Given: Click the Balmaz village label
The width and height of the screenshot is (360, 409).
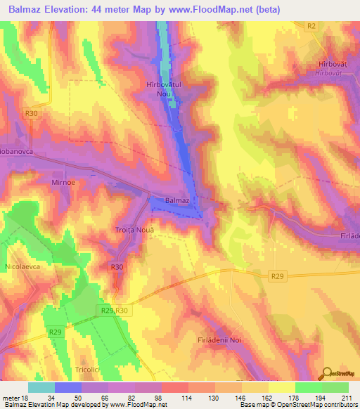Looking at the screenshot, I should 176,200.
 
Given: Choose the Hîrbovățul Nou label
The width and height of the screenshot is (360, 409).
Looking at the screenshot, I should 163,89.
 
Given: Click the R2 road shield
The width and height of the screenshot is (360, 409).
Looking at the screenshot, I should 311,25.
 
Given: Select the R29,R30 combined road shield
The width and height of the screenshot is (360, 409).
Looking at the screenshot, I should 114,310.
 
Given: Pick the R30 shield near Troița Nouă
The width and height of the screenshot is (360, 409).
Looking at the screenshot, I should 117,267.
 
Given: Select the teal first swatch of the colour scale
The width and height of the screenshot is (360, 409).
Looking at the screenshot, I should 41,387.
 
